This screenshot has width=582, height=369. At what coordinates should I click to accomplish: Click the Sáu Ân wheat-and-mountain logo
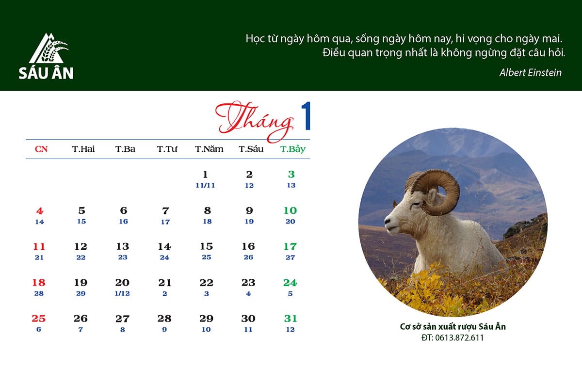[48, 48]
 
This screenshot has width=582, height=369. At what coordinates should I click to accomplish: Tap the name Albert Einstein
[530, 73]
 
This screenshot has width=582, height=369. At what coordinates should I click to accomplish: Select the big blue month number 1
[306, 115]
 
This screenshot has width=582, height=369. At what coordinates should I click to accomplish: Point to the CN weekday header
[41, 149]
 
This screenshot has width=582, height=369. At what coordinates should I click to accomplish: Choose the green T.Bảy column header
[292, 149]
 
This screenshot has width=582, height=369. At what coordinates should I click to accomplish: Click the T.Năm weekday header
[209, 149]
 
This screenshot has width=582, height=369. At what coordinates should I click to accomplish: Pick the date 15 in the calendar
[207, 246]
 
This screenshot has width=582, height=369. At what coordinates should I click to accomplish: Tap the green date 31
[291, 319]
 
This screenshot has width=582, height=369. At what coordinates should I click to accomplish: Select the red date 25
[39, 319]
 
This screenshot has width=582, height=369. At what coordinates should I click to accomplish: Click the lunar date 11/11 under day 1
[205, 185]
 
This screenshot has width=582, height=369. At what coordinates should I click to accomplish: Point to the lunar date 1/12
[122, 293]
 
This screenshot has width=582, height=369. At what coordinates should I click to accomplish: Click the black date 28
[164, 319]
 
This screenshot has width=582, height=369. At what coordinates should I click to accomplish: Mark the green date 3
[291, 174]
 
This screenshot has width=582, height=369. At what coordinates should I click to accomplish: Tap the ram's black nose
[388, 221]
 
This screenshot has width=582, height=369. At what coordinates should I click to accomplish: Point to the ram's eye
[416, 204]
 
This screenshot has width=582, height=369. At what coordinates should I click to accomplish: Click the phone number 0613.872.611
[459, 338]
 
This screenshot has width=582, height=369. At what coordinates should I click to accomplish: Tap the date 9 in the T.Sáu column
[249, 210]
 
